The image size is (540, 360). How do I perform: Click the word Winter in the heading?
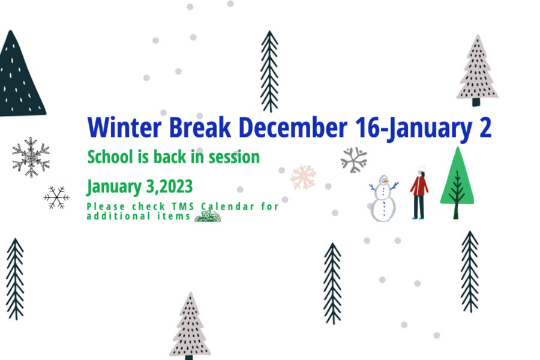[x=124, y=127]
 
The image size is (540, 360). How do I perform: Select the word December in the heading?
[x=293, y=127]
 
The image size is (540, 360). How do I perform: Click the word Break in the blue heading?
[x=200, y=127]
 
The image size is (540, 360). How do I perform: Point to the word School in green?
[x=110, y=157]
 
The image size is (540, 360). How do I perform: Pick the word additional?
[x=118, y=216]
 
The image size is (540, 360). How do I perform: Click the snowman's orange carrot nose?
[x=386, y=181]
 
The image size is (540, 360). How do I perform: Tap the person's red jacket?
[x=419, y=185]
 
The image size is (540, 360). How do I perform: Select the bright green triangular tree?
[x=457, y=182]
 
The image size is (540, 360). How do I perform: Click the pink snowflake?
[x=303, y=177]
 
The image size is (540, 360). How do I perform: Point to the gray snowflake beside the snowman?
[x=353, y=160]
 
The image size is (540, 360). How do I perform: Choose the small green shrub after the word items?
[x=208, y=217]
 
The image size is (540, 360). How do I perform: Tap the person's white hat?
[x=422, y=169]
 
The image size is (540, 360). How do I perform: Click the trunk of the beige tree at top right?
[x=476, y=103]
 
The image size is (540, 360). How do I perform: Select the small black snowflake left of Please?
[x=56, y=198]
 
